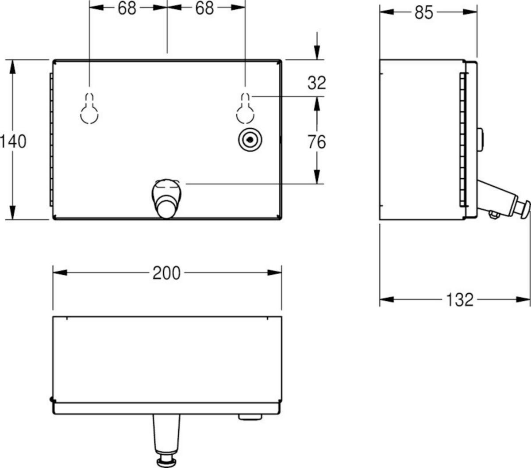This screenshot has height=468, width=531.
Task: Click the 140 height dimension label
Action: [13, 142]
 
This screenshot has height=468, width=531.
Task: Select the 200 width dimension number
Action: [166, 273]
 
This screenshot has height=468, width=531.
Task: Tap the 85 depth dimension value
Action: [424, 12]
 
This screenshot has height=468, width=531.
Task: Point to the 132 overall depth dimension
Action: [460, 300]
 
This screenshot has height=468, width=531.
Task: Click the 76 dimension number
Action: [316, 142]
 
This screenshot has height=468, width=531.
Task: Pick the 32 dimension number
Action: [316, 83]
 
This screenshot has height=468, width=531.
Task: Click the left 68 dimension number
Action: [127, 8]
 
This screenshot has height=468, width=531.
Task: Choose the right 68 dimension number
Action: [204, 8]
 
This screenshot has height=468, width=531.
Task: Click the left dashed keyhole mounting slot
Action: [89, 108]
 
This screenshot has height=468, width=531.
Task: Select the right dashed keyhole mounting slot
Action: [245, 108]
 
